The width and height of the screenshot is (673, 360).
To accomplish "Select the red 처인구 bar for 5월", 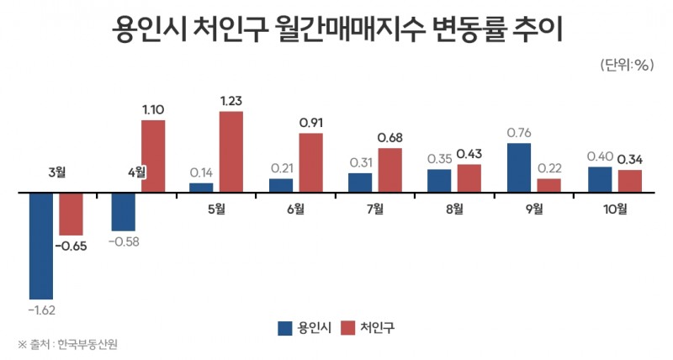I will coord(231,151).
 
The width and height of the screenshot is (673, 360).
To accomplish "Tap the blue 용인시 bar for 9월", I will coord(519,167).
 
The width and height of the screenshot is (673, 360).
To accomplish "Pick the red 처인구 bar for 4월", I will coord(153,156).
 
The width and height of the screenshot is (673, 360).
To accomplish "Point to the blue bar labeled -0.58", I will coord(124,211).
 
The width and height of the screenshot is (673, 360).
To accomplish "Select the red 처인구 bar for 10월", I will coord(630,181).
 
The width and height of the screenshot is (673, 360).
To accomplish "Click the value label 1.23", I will coord(231,101).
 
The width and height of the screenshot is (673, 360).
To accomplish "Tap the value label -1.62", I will coord(42,310).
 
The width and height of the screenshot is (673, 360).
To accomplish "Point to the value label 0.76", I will coord(519,133).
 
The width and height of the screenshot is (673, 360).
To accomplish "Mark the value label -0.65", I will coord(72,246).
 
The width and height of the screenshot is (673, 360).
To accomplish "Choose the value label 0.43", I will coord(469,155).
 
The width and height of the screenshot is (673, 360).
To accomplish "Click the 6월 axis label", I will coord(294,208).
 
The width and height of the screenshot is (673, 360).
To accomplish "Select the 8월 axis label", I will coord(453,208).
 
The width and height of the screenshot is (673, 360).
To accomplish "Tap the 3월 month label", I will coord(57,172).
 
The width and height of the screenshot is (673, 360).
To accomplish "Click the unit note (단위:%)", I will coord(627,65).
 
